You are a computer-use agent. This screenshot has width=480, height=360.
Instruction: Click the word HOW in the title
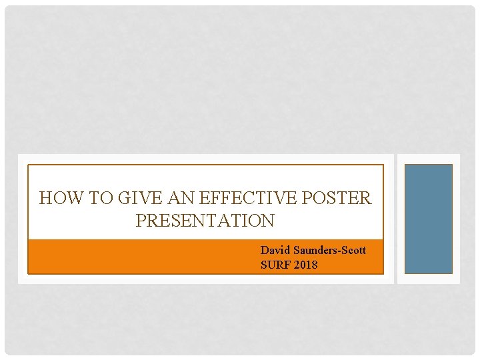(57, 198)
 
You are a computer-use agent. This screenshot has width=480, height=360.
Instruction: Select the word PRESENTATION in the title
(205, 220)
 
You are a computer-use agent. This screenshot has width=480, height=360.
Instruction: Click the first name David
(274, 251)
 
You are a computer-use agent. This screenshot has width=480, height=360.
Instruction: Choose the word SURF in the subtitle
(273, 265)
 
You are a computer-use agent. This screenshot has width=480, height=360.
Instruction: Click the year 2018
(305, 265)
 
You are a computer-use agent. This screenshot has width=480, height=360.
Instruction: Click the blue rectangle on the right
(429, 219)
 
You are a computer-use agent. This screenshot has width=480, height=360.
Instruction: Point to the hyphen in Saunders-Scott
(337, 251)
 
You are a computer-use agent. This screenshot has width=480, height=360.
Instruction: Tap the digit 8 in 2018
(314, 265)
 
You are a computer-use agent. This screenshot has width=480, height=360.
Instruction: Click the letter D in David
(265, 251)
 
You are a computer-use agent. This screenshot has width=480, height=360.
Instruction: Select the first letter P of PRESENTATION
(141, 220)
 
